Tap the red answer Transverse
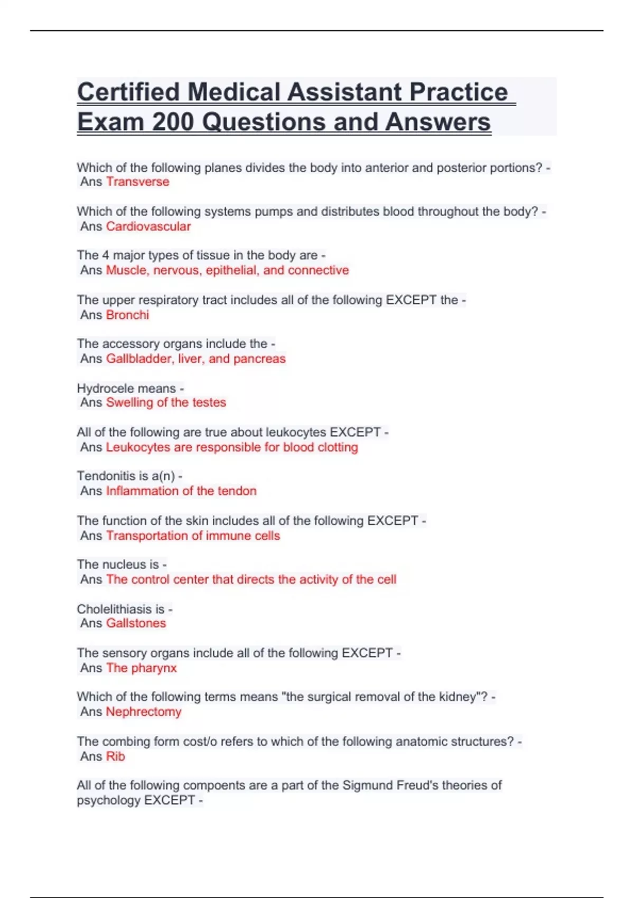coord(137,182)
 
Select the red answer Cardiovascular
coord(148,227)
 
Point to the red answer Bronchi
coord(127,315)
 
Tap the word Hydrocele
coord(100,388)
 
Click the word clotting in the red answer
coord(338,447)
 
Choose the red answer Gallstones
coord(136,623)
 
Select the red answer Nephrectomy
coord(143,712)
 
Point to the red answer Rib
coord(115,756)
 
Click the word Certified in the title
coord(129,92)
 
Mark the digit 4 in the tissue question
coord(106,256)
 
